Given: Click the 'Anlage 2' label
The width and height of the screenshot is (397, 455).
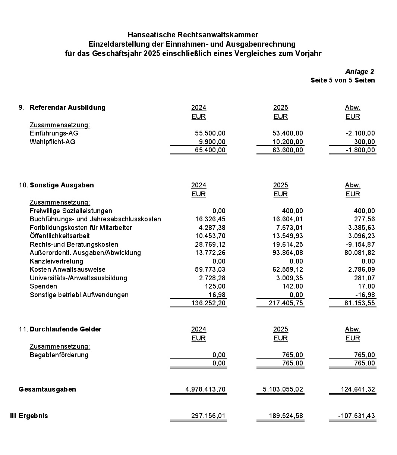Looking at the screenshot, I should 359,72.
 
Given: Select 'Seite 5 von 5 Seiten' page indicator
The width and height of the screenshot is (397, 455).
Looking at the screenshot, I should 343,80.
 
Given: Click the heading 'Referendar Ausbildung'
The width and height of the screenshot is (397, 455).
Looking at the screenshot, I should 67,107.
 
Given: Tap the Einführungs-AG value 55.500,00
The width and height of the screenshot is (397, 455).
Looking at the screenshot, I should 210,133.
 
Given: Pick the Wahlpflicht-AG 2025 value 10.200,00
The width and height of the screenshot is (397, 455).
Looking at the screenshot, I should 288,142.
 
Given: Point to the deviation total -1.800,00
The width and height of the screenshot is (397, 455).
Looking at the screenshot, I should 360,150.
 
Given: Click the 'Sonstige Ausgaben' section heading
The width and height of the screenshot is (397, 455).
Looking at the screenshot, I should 62,185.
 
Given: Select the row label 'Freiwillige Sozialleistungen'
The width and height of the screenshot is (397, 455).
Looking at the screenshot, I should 71,211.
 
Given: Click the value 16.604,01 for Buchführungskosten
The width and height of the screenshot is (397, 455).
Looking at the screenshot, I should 288,219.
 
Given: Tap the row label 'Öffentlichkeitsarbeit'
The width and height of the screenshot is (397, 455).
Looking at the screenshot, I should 60,236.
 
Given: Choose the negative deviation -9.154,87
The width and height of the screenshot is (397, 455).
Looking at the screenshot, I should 360,244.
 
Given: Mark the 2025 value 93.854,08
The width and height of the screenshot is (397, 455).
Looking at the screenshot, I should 288,253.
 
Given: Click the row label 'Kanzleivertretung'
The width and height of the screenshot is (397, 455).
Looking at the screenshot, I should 56,261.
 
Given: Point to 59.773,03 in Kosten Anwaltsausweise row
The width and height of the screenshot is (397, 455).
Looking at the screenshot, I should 210,269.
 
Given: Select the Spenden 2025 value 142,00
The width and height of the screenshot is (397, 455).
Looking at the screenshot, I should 292,286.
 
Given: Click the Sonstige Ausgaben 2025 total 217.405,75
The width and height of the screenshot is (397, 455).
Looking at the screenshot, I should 286,303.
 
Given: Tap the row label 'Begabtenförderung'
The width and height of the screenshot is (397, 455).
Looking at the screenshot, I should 59,355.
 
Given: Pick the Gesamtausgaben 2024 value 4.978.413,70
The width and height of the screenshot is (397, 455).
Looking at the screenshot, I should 205,389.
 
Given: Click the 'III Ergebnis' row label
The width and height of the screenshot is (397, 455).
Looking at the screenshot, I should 29,416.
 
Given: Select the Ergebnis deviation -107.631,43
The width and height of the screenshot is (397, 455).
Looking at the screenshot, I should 356,416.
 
